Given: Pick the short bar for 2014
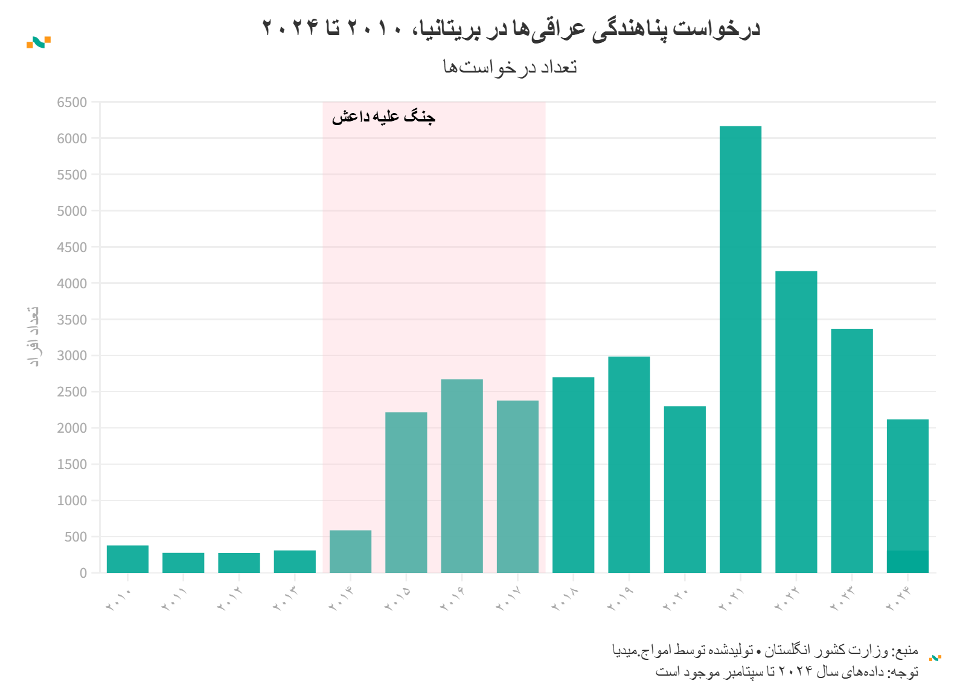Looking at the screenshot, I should [x=350, y=551].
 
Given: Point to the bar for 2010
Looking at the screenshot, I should [x=127, y=559].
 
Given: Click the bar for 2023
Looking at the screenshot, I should [x=852, y=450].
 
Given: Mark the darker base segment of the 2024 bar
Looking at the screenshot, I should [x=907, y=562].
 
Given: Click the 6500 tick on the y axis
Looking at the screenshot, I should [x=72, y=103].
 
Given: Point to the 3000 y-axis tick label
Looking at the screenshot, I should [x=72, y=356].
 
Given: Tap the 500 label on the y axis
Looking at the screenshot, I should [x=76, y=537].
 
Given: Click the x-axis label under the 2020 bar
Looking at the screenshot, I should [x=676, y=599].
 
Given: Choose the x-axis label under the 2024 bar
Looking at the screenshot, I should [x=899, y=599].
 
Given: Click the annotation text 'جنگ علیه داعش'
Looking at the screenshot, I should [x=383, y=117].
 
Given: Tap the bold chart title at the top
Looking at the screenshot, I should [x=511, y=28].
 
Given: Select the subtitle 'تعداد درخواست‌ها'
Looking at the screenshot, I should [x=510, y=66].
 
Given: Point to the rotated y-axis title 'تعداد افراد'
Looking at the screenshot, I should [x=34, y=336].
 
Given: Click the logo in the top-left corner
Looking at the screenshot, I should [x=39, y=42].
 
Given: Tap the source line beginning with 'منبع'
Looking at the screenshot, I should [x=765, y=651].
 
